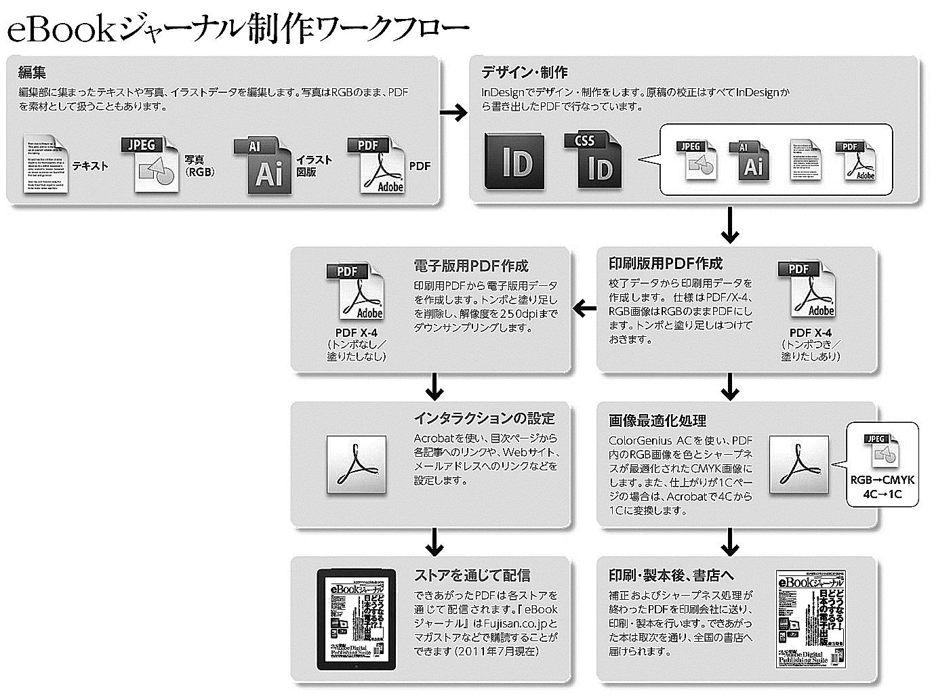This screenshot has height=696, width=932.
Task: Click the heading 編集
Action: [x=32, y=72]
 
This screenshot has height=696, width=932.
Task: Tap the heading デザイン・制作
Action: [x=524, y=72]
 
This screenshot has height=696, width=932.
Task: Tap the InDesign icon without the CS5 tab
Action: [x=513, y=162]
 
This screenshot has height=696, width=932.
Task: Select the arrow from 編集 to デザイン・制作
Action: [x=453, y=112]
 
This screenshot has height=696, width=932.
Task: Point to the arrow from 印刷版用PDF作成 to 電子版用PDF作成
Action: [x=584, y=309]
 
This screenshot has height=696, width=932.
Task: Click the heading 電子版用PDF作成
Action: [x=470, y=265]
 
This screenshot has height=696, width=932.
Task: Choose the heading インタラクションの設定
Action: [x=484, y=418]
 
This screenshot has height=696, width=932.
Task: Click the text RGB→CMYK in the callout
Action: [x=882, y=480]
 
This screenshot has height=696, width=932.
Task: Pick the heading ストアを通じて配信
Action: [x=472, y=575]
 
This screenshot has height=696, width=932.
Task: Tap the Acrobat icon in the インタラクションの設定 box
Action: [x=357, y=465]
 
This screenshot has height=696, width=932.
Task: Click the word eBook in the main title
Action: [x=61, y=30]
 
